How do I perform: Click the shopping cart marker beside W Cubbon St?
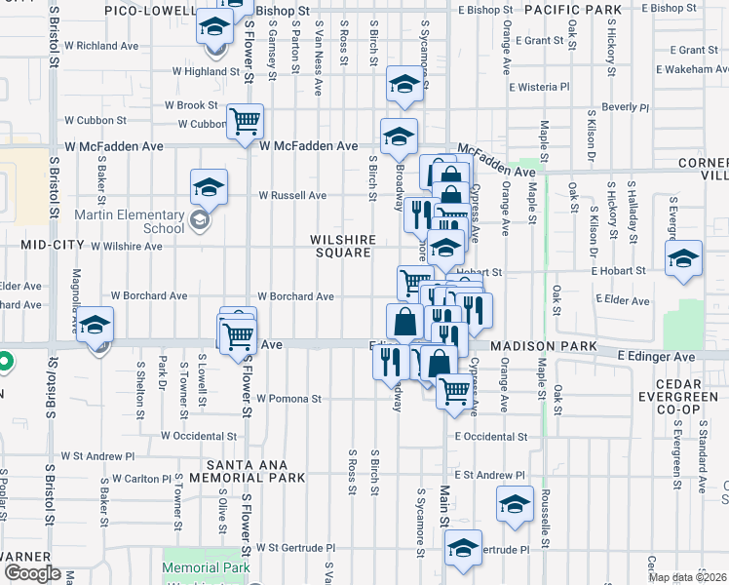(x=245, y=122)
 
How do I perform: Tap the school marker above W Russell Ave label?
(x=209, y=185)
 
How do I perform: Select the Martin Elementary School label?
(x=141, y=221)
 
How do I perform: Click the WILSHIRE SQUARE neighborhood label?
(x=341, y=246)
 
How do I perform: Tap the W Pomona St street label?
(x=288, y=399)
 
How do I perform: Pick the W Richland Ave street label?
(x=100, y=46)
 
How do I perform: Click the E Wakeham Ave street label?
(x=687, y=70)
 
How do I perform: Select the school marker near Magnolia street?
(x=96, y=324)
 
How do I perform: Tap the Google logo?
(x=31, y=573)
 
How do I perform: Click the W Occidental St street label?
(x=199, y=436)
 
